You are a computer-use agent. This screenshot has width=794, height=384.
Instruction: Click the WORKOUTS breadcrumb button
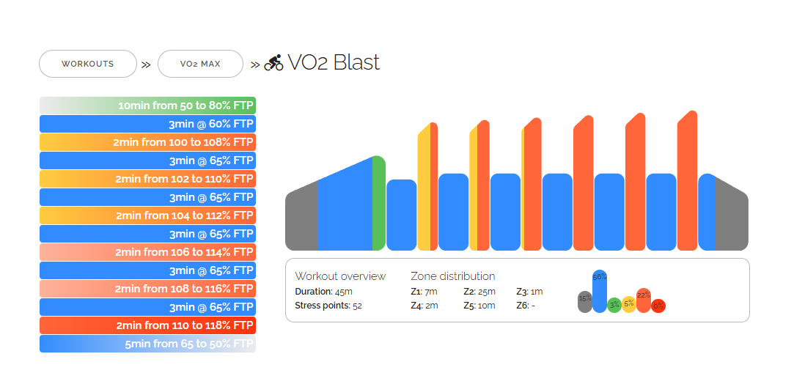[x=88, y=64]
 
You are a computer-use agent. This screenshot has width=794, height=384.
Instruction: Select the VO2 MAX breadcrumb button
[x=200, y=64]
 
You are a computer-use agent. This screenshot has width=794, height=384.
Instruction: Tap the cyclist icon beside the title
[x=273, y=63]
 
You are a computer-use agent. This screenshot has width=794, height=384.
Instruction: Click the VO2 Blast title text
[x=334, y=63]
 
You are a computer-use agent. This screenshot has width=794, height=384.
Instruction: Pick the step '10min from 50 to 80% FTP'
[x=147, y=106]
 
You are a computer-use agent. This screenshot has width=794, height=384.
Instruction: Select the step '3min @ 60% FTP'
[x=147, y=124]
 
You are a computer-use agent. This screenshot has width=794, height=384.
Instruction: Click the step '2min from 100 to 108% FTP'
[x=147, y=142]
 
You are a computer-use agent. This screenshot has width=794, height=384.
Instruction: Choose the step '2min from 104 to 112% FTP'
[x=147, y=215]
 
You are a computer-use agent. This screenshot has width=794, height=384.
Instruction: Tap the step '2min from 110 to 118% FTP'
[x=147, y=325]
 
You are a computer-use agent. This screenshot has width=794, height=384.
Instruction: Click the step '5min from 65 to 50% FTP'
[x=147, y=344]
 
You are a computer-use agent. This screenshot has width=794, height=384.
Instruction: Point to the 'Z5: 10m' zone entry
[x=479, y=306]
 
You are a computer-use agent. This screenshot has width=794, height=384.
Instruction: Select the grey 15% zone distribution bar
[x=584, y=301]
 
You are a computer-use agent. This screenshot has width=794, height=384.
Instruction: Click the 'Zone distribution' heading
[x=452, y=276]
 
